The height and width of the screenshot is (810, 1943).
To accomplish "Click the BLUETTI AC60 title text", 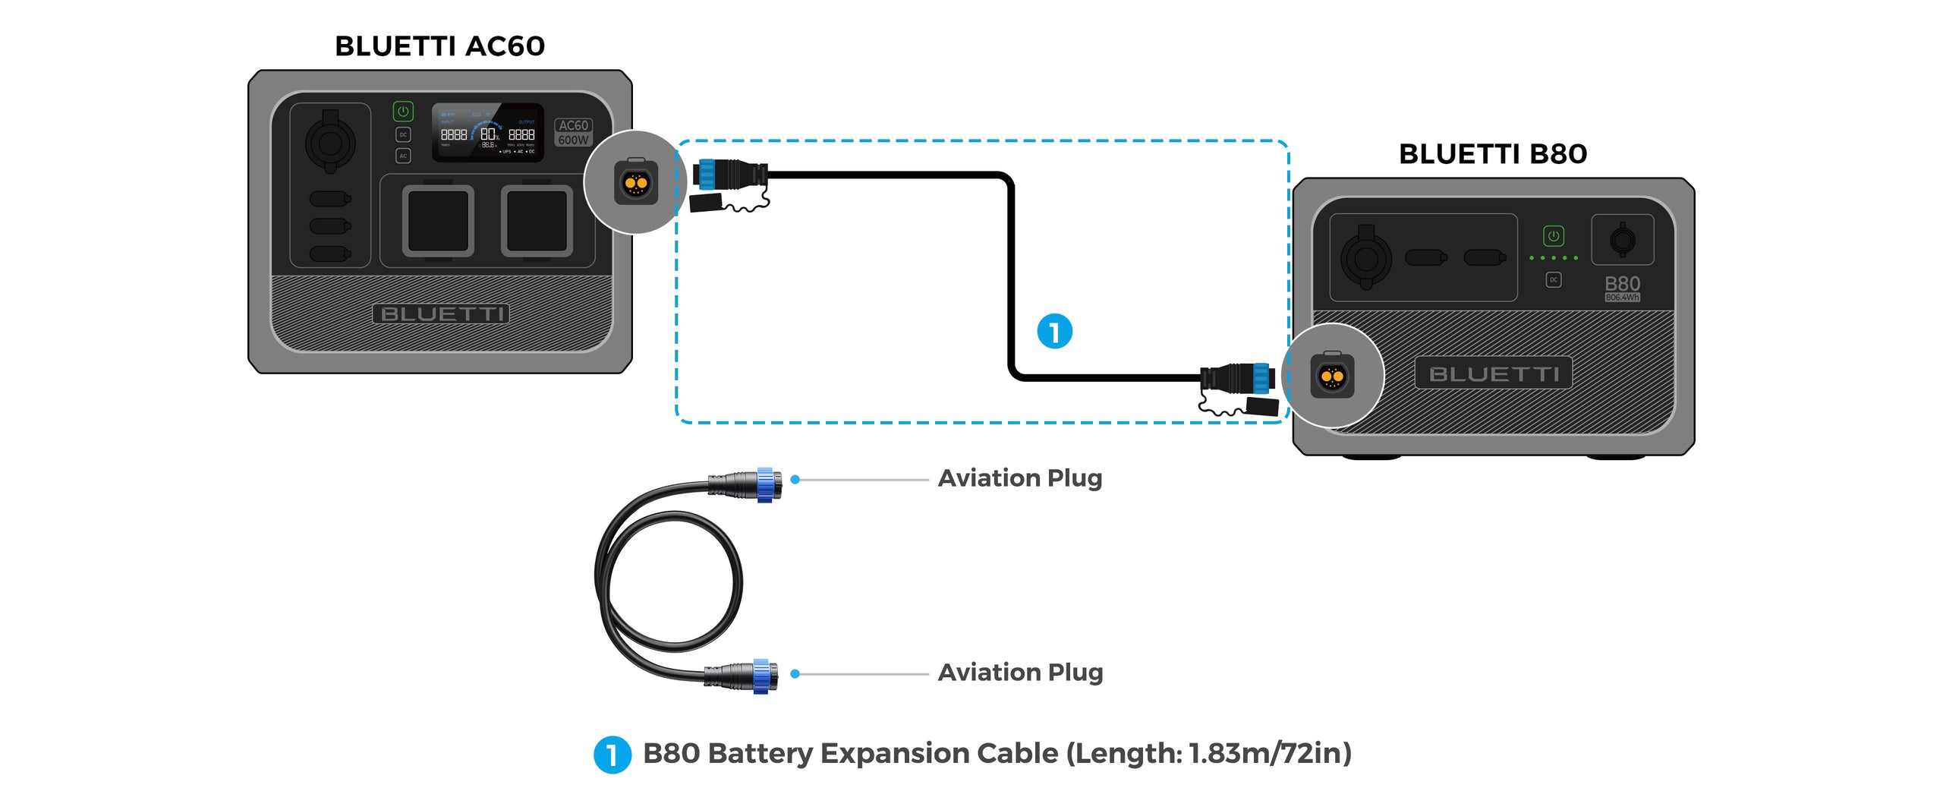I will [x=439, y=46].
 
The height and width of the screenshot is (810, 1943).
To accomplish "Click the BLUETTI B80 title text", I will [x=1492, y=154].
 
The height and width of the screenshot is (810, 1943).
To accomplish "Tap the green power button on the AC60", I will [x=403, y=112].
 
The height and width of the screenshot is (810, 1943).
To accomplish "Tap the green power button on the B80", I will [x=1553, y=236].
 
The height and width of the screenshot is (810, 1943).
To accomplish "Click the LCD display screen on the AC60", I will [x=487, y=133].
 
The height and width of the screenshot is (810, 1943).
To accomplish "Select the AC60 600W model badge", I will [x=573, y=132].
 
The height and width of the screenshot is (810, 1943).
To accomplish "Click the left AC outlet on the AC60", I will [x=438, y=221].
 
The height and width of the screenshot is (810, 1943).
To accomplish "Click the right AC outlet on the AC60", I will [x=537, y=221].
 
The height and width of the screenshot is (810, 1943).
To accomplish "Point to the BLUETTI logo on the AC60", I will [x=440, y=314].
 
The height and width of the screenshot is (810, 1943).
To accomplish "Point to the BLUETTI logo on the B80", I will [x=1493, y=373].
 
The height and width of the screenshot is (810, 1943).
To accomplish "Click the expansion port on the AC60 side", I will [x=635, y=183].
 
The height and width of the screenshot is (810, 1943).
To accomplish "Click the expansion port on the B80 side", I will [x=1332, y=376].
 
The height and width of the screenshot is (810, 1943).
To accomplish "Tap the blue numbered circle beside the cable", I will [x=1054, y=332].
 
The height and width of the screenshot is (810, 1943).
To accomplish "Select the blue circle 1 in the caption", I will [x=612, y=755].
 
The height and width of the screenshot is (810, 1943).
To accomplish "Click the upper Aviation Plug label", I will [x=1019, y=478].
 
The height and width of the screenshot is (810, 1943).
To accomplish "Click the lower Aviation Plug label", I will [x=1019, y=673].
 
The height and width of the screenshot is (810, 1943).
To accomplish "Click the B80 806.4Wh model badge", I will [x=1622, y=288].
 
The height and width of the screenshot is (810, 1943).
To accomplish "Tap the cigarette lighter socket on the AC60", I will [x=329, y=142].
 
